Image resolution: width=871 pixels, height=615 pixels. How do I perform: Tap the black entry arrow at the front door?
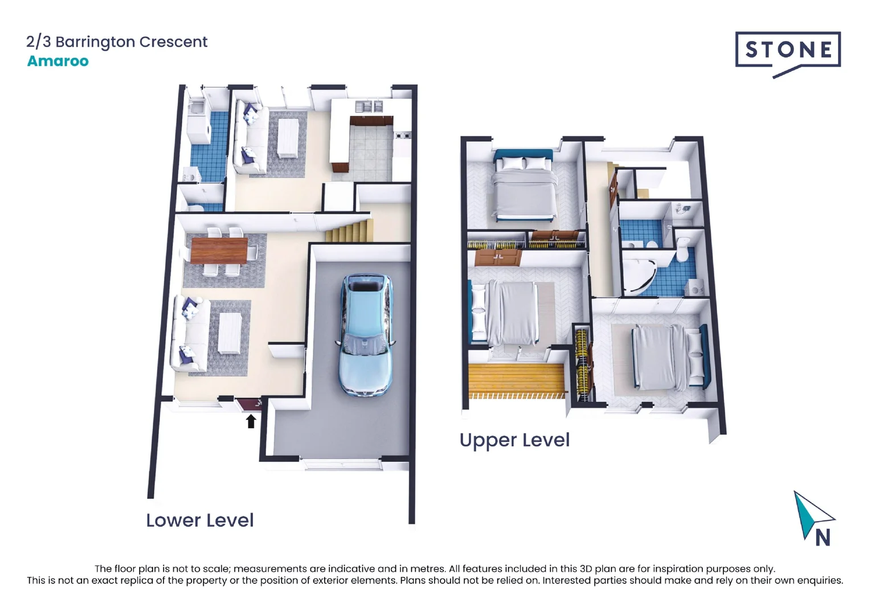click(x=251, y=421)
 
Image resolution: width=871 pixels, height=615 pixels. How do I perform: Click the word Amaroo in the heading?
click(x=58, y=61)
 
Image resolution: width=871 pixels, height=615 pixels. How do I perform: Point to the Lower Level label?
click(x=200, y=520)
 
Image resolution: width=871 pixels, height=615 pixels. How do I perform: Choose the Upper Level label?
click(x=514, y=440)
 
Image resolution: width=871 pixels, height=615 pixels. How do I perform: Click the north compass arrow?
click(x=813, y=514)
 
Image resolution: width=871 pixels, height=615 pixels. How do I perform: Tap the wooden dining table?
click(x=219, y=251)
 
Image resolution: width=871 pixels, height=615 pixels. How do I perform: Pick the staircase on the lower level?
click(x=349, y=231)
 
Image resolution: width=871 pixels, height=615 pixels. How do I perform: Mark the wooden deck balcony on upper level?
click(x=516, y=381)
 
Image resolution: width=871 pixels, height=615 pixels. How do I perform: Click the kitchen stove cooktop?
click(x=402, y=136)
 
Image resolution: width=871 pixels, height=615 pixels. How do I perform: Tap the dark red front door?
click(x=249, y=405)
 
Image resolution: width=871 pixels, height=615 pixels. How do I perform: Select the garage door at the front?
click(x=342, y=464)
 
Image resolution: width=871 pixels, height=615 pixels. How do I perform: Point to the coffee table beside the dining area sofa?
click(x=230, y=334)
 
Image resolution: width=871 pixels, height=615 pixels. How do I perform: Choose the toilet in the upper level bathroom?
click(x=682, y=249)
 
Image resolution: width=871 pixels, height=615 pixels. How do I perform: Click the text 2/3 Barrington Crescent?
click(x=117, y=42)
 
